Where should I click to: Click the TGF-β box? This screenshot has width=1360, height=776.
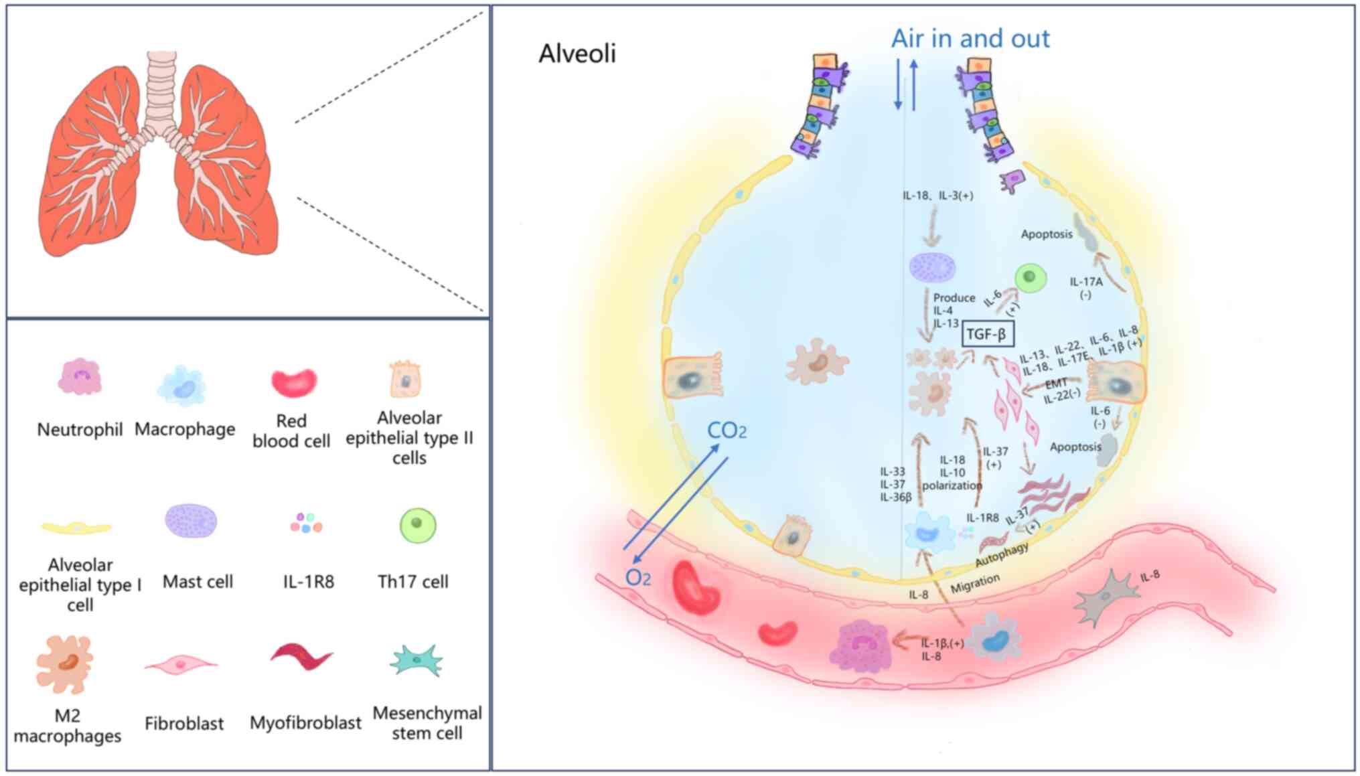987,333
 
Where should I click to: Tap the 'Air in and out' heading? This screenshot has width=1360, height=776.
970,39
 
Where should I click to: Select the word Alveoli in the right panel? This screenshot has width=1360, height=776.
577,54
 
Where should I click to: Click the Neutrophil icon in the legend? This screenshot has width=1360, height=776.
80,378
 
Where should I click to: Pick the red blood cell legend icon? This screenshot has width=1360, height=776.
294,382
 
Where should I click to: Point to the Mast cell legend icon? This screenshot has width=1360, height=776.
191,522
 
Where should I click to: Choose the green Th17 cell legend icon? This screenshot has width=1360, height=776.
417,526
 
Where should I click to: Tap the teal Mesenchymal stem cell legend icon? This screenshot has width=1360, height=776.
417,660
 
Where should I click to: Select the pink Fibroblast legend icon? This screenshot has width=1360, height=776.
181,664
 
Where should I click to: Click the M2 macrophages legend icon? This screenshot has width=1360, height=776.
65,664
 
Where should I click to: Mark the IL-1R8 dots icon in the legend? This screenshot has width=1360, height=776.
306,523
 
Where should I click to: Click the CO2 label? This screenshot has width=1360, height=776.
727,431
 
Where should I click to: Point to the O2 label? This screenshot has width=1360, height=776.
637,577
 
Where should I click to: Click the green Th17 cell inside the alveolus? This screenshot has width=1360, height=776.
1031,277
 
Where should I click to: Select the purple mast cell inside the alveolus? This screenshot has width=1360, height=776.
932,268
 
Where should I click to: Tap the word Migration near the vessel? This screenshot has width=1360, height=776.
975,584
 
